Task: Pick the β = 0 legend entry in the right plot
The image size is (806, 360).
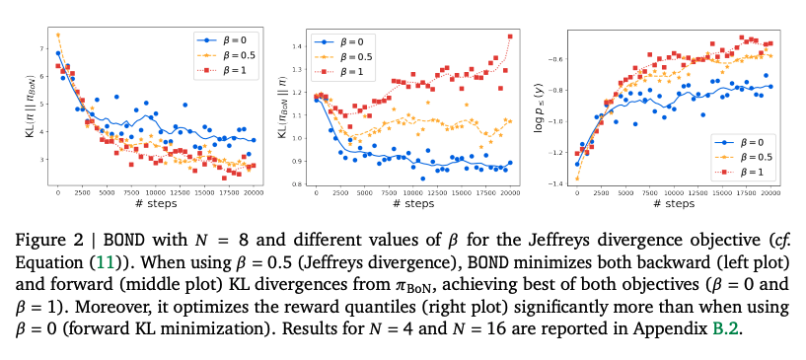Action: click(x=737, y=142)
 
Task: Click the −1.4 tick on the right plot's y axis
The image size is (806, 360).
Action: click(x=559, y=183)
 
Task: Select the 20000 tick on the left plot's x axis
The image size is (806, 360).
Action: click(x=253, y=192)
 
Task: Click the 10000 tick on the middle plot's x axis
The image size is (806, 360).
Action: click(x=412, y=192)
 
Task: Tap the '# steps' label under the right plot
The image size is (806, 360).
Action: click(x=674, y=204)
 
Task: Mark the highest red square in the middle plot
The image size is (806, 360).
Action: click(x=510, y=36)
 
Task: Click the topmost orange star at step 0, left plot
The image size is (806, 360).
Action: click(x=58, y=35)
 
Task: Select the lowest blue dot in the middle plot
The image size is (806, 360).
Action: click(x=422, y=179)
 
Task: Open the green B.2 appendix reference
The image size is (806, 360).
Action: click(x=726, y=328)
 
